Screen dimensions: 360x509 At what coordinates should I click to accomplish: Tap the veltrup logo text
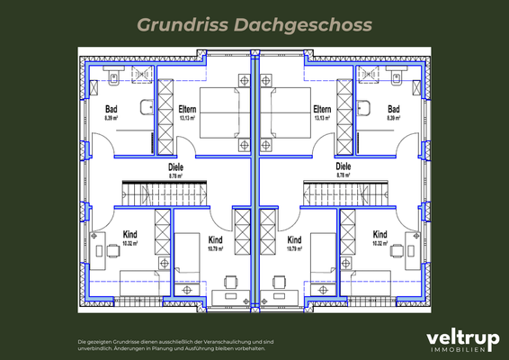pos(461,337)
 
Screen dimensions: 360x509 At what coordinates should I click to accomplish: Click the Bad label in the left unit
pos(112,110)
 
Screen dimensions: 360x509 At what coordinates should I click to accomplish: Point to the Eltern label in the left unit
pos(187,110)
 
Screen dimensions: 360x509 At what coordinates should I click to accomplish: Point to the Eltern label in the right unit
pos(323,110)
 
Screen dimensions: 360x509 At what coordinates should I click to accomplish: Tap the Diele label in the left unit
pos(176,166)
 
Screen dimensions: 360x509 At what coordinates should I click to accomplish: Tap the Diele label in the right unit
pos(343,166)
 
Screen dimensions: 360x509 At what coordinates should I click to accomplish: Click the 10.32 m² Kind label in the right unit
pos(380,236)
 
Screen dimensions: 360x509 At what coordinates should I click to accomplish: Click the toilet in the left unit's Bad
pos(113,76)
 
